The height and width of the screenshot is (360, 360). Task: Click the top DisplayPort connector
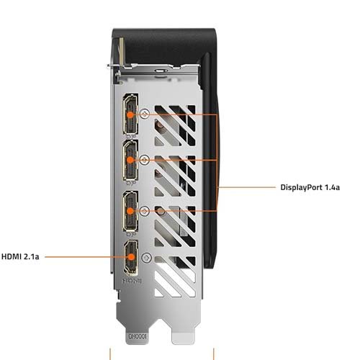tap(131, 115)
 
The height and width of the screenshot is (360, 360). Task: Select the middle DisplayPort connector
tap(131, 161)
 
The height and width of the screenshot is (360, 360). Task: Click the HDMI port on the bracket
tap(131, 259)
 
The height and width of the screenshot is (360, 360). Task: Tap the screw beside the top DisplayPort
tap(146, 114)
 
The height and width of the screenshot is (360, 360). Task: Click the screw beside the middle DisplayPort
tap(146, 160)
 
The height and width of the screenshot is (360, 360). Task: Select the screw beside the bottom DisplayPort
tap(146, 211)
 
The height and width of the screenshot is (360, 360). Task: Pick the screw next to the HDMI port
tap(146, 257)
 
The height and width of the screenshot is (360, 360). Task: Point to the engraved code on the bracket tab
tap(137, 335)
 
